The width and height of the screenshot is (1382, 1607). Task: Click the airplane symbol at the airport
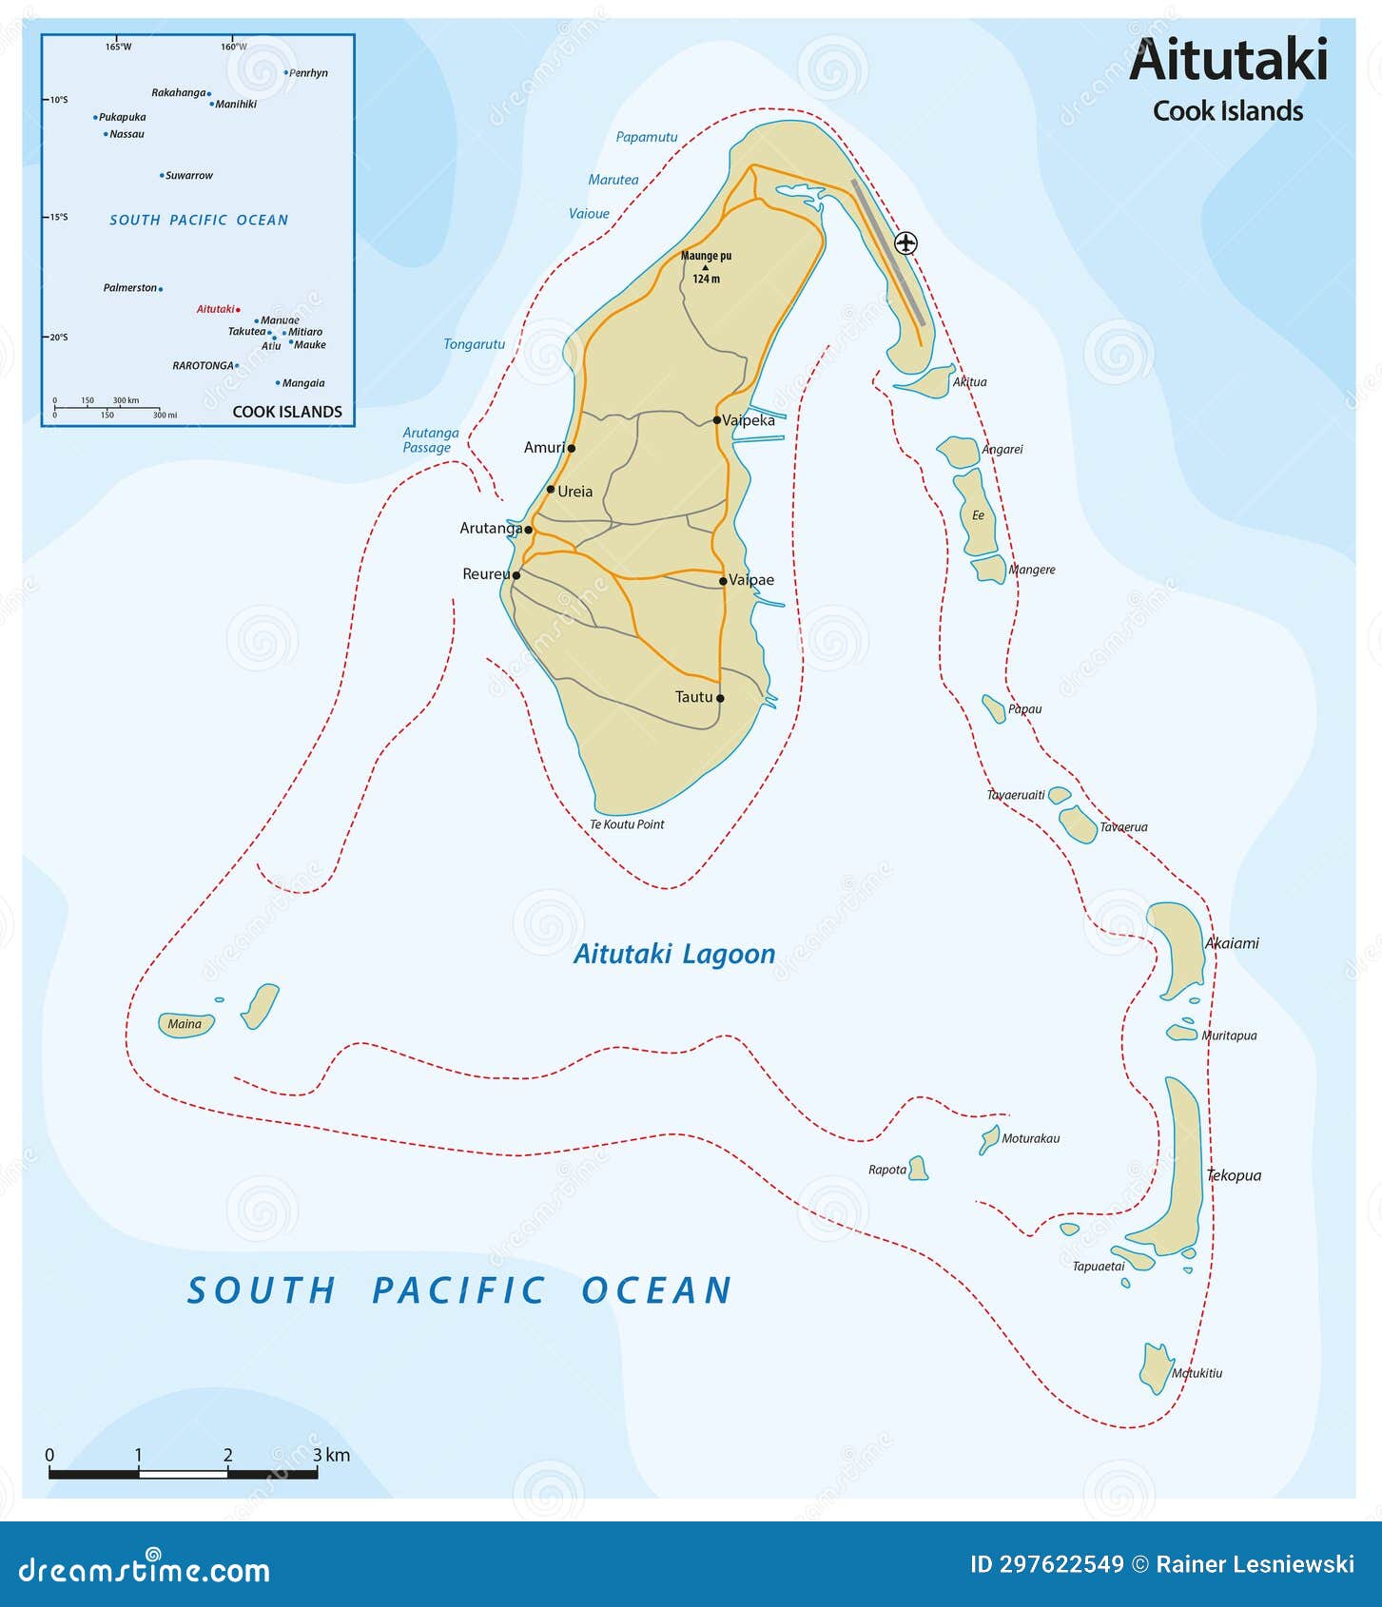906,242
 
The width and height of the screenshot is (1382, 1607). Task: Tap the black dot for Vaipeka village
717,419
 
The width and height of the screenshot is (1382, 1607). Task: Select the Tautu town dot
720,698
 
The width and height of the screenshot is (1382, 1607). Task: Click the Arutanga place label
491,528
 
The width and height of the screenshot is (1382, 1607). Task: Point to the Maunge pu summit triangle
705,267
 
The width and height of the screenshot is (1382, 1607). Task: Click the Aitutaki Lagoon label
674,954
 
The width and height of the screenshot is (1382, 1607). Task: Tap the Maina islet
185,1024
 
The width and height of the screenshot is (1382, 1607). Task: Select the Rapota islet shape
918,1168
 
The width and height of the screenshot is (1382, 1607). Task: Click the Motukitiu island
1156,1368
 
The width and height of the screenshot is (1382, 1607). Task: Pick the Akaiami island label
1232,943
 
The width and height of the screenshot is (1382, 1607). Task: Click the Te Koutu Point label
627,824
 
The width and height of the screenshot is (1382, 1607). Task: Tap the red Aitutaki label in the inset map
215,309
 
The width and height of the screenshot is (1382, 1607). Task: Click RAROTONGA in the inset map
203,365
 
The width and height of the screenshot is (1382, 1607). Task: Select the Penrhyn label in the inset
308,73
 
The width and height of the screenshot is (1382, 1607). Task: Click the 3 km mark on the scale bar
318,1455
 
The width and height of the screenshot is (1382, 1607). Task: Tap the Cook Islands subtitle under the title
1227,111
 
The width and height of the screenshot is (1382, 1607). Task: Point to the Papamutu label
647,137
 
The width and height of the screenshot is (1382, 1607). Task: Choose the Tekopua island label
1234,1175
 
